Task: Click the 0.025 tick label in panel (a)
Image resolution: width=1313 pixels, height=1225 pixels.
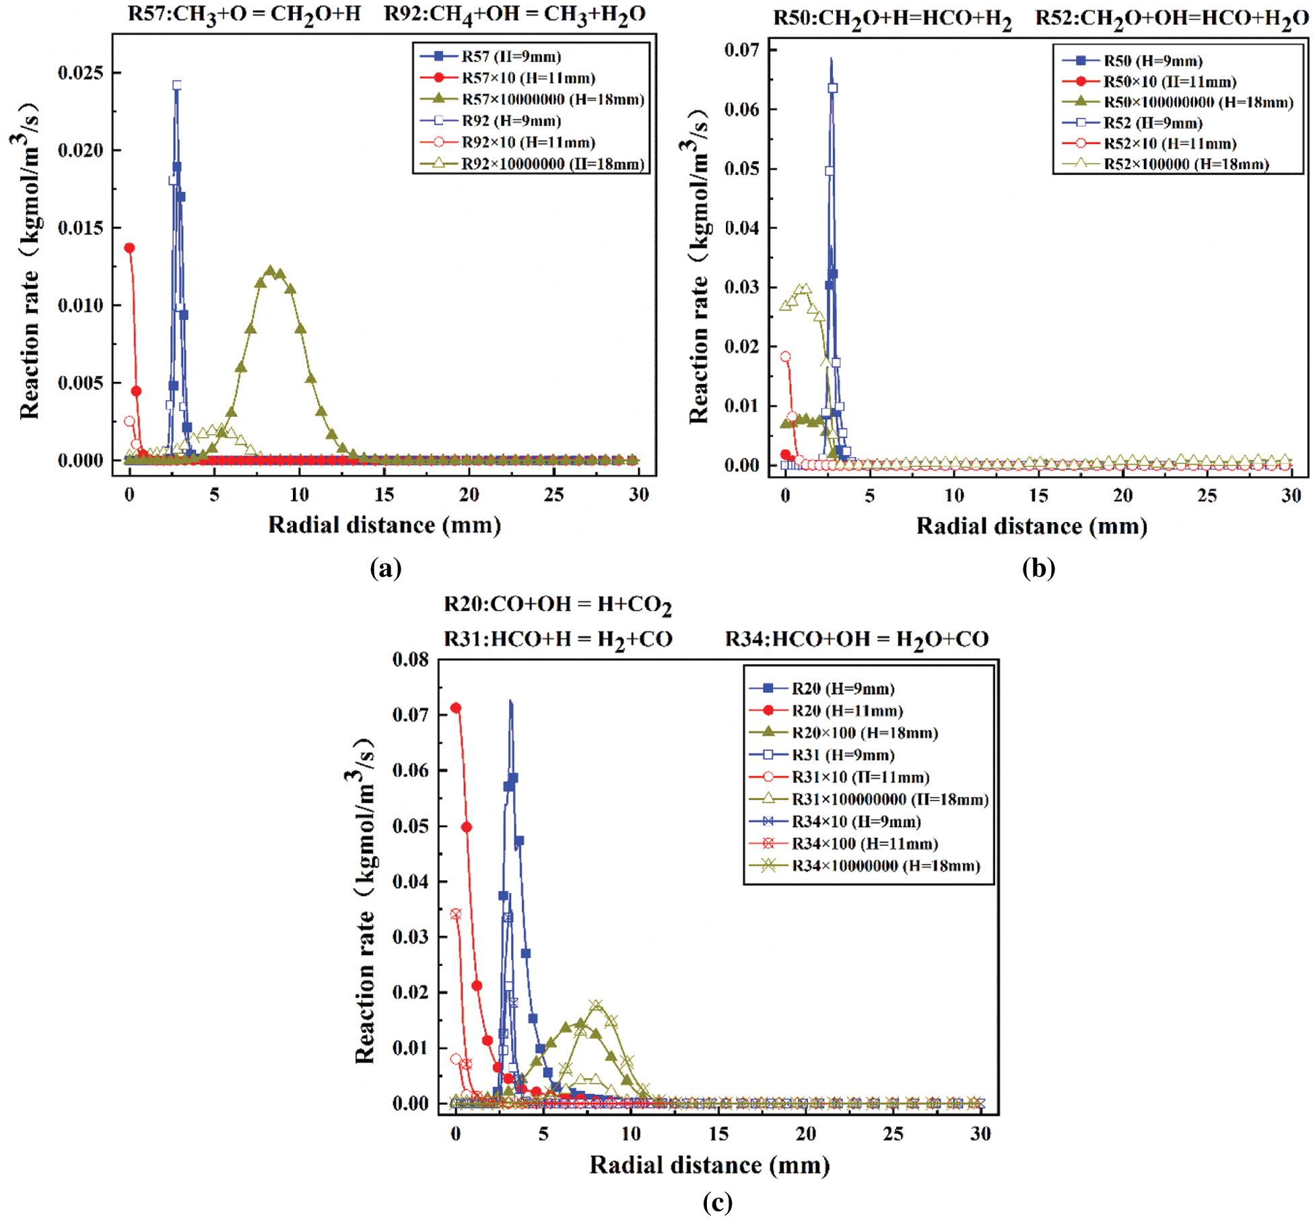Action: (x=80, y=73)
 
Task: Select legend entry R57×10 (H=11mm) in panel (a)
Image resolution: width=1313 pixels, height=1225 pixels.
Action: (x=529, y=78)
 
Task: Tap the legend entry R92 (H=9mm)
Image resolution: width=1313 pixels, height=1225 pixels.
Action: (x=511, y=121)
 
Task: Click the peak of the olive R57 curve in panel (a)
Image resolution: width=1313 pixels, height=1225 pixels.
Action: (x=271, y=271)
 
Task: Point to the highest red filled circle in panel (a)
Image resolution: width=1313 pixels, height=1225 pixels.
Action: (x=130, y=248)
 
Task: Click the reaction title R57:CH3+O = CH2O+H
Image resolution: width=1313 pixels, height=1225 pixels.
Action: (x=244, y=14)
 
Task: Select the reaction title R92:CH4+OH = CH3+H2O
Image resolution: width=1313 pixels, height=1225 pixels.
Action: (x=514, y=14)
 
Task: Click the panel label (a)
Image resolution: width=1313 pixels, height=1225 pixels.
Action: (x=386, y=568)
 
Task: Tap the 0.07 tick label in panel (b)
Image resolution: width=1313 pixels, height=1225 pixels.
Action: (x=741, y=50)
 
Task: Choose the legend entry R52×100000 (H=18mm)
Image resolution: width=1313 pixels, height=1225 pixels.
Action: (x=1186, y=164)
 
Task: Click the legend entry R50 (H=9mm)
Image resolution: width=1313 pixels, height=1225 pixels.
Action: (x=1153, y=61)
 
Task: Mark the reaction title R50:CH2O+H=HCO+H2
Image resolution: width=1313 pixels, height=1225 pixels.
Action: (x=892, y=18)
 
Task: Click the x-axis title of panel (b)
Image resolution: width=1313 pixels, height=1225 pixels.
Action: (x=1032, y=526)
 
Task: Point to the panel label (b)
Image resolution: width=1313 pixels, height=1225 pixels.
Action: (x=1038, y=568)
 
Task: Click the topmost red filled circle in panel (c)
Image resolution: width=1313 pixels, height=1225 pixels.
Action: (x=456, y=708)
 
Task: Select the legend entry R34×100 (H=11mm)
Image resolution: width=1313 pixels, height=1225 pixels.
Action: (x=865, y=844)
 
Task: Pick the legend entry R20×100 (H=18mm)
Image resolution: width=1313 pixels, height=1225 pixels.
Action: (x=865, y=733)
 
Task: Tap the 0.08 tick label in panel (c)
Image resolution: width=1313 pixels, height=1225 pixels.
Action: (x=410, y=660)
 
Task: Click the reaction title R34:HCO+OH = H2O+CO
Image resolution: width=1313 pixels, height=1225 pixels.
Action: (x=856, y=639)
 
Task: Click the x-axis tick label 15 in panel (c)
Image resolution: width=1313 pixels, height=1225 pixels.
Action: (x=718, y=1134)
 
